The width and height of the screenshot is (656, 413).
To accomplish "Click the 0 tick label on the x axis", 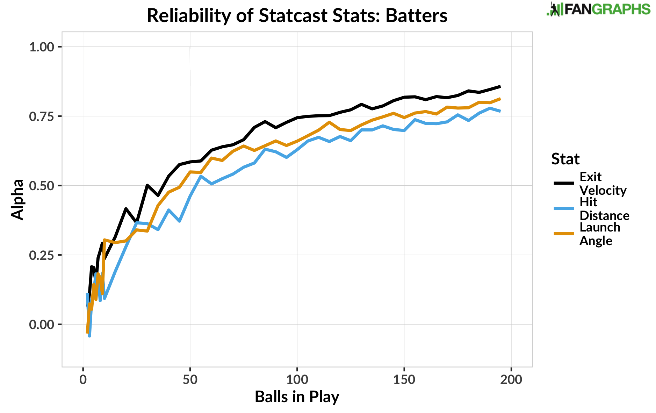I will (x=83, y=379).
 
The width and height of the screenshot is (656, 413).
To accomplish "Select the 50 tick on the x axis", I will (x=190, y=379).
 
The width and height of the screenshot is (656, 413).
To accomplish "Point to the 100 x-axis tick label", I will (x=297, y=379).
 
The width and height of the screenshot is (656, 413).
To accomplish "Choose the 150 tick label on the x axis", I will (x=404, y=379).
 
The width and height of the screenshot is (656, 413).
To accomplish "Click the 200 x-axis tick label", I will (x=511, y=379).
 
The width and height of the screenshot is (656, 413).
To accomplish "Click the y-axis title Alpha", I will (x=17, y=199).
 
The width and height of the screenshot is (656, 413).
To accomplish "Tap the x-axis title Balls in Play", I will (x=297, y=397).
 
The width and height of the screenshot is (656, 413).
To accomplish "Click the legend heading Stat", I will (x=565, y=159).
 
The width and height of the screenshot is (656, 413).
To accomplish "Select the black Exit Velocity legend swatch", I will (x=563, y=183).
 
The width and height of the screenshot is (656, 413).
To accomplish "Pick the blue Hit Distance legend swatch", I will (x=563, y=208).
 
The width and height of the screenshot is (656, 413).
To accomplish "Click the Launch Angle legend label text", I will (x=599, y=234).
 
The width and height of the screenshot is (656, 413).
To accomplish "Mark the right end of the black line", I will (x=500, y=86).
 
